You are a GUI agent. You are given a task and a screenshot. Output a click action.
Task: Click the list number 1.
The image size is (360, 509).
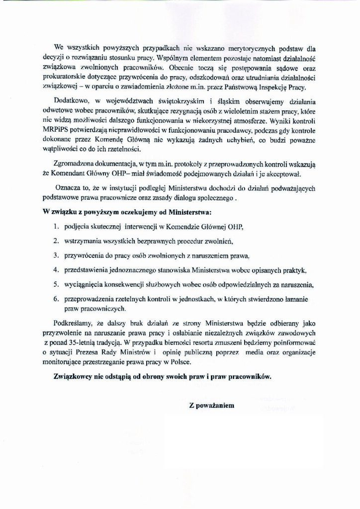coord(56,227)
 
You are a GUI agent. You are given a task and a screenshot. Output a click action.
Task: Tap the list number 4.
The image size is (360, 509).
coord(56,270)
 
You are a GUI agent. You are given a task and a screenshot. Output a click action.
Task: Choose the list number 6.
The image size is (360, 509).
coord(56,299)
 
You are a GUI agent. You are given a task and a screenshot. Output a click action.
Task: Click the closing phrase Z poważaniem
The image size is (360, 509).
coord(211,405)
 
